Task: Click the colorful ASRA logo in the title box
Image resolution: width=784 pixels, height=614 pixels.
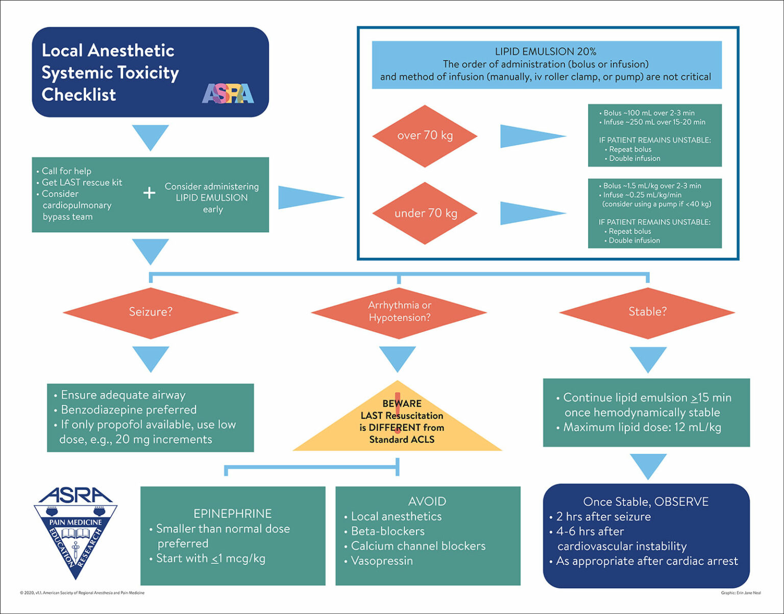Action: pos(228,94)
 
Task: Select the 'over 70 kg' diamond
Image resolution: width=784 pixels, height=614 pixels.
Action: pos(425,136)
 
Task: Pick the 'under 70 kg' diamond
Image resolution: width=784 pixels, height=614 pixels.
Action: pos(425,213)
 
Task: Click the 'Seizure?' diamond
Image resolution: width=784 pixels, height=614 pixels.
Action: pos(151,312)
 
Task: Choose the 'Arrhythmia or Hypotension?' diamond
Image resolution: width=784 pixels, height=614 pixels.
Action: pos(399,312)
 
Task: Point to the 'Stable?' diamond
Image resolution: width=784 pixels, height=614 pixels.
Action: pos(647,312)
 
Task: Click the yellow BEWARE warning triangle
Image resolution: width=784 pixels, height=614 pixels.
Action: pos(398,422)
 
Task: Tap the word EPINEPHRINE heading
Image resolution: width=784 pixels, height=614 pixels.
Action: pos(232,513)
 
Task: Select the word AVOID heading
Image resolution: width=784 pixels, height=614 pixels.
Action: pos(427,502)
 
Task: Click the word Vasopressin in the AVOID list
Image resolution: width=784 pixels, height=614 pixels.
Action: pos(382,561)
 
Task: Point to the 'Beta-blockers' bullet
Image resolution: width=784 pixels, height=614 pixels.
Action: pos(387,531)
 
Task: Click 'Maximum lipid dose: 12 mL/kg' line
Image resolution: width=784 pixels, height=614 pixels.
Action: pos(642,428)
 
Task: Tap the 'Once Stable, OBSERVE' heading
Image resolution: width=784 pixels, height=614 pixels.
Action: pos(646,502)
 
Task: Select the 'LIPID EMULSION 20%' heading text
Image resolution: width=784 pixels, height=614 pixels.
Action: pos(545,52)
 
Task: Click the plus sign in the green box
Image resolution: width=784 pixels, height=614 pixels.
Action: pos(149,193)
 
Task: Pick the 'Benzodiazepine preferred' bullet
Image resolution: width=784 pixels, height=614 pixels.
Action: pos(128,410)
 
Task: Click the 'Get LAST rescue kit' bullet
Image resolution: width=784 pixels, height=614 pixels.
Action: pos(82,182)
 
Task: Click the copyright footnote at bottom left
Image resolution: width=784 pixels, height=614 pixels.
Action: pos(82,593)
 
